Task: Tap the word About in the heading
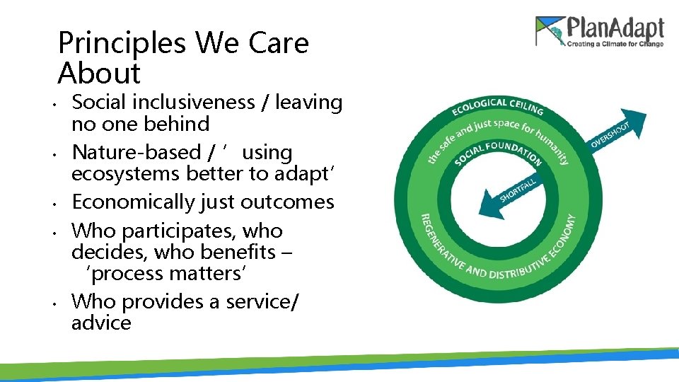tap(99, 73)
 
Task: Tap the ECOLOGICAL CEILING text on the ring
tap(497, 106)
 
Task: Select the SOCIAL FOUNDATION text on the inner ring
tap(499, 151)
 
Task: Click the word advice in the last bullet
tap(101, 323)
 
